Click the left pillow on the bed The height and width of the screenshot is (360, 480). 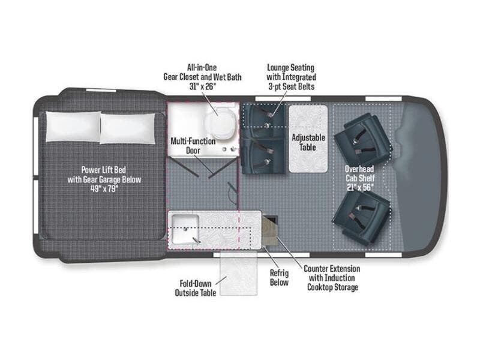73,127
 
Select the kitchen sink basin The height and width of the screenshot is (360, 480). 185,229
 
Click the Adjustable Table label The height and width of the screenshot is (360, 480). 308,142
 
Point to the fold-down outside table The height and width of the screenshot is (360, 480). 238,274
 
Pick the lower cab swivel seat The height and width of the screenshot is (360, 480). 362,218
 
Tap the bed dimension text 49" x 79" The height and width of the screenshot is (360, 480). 104,188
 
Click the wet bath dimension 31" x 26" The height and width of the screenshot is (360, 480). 202,86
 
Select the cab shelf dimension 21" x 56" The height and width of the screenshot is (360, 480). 360,187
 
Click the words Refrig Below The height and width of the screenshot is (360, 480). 279,277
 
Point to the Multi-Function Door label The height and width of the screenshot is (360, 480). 193,146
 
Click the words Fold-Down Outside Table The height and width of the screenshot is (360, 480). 196,288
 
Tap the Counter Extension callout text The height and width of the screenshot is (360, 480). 332,278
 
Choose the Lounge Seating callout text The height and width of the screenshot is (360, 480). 291,77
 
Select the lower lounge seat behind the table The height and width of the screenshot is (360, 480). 263,156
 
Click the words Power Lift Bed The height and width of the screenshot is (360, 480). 104,170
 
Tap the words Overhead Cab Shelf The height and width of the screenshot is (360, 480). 360,173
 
